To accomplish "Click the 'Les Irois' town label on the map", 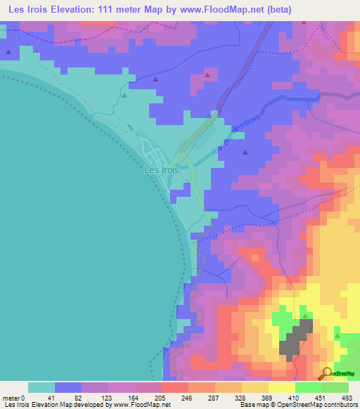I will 161,169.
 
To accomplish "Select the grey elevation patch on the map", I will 297,338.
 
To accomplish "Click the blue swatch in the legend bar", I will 68,387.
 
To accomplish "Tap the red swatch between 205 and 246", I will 174,387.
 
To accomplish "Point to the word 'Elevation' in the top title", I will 74,10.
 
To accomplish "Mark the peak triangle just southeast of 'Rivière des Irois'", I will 245,152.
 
